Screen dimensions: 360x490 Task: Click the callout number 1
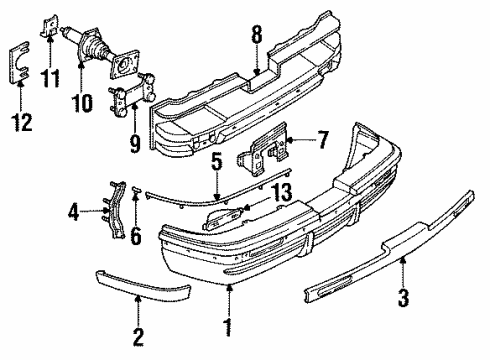[227, 326]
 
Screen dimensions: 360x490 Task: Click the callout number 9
[135, 134]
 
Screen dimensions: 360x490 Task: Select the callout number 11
[53, 75]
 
